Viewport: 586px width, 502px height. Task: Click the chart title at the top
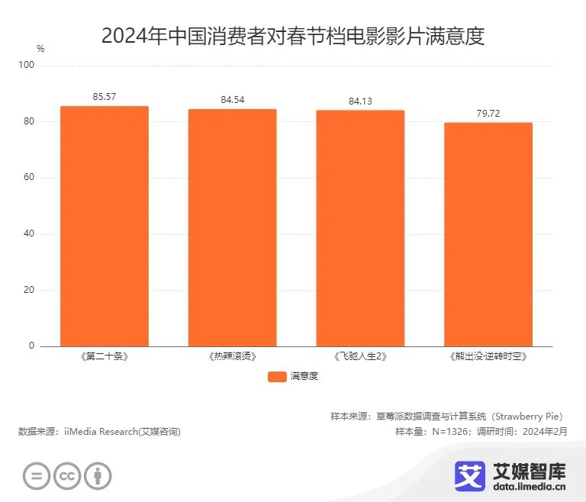click(x=293, y=36)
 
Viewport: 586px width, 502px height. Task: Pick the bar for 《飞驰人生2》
click(x=360, y=228)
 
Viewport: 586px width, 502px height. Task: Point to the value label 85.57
click(x=105, y=97)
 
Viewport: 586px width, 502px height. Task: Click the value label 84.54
click(x=233, y=100)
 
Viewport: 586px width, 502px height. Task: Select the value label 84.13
click(x=360, y=101)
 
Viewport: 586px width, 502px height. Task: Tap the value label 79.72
click(x=488, y=114)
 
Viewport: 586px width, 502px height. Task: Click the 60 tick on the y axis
click(x=30, y=178)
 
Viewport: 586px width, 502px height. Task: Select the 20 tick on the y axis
click(x=30, y=290)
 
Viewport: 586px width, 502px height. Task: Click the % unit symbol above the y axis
click(x=40, y=49)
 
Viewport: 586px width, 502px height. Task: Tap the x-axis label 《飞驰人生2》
click(x=360, y=356)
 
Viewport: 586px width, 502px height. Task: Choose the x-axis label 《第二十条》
click(x=105, y=356)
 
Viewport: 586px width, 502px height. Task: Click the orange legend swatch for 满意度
click(x=277, y=376)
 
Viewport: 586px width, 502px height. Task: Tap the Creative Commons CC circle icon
click(x=67, y=476)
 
